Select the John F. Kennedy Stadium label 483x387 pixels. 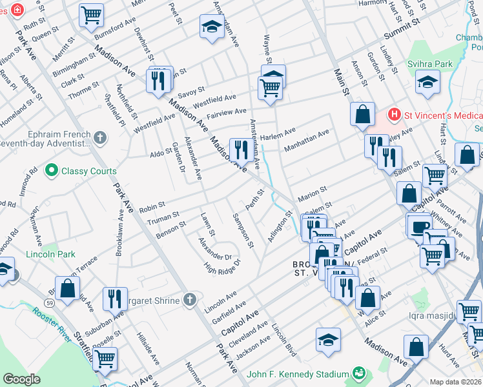pyautogui.click(x=298, y=374)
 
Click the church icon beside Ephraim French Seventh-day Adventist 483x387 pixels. pyautogui.click(x=99, y=137)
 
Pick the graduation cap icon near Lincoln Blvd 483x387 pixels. pyautogui.click(x=328, y=339)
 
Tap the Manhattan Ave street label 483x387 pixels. pyautogui.click(x=307, y=140)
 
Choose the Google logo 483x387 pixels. pyautogui.click(x=22, y=379)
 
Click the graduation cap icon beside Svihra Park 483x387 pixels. pyautogui.click(x=427, y=82)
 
